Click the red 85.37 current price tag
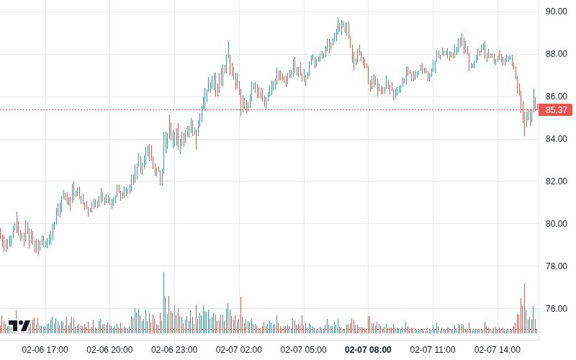point(557,110)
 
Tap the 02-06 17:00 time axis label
point(45,350)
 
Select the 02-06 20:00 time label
point(109,350)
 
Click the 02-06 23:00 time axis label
point(174,350)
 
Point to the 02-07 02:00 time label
point(239,350)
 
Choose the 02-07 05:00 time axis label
point(304,350)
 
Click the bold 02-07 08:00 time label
point(369,350)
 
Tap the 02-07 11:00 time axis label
point(433,350)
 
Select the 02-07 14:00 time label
point(498,350)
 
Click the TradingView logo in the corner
point(19,325)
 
